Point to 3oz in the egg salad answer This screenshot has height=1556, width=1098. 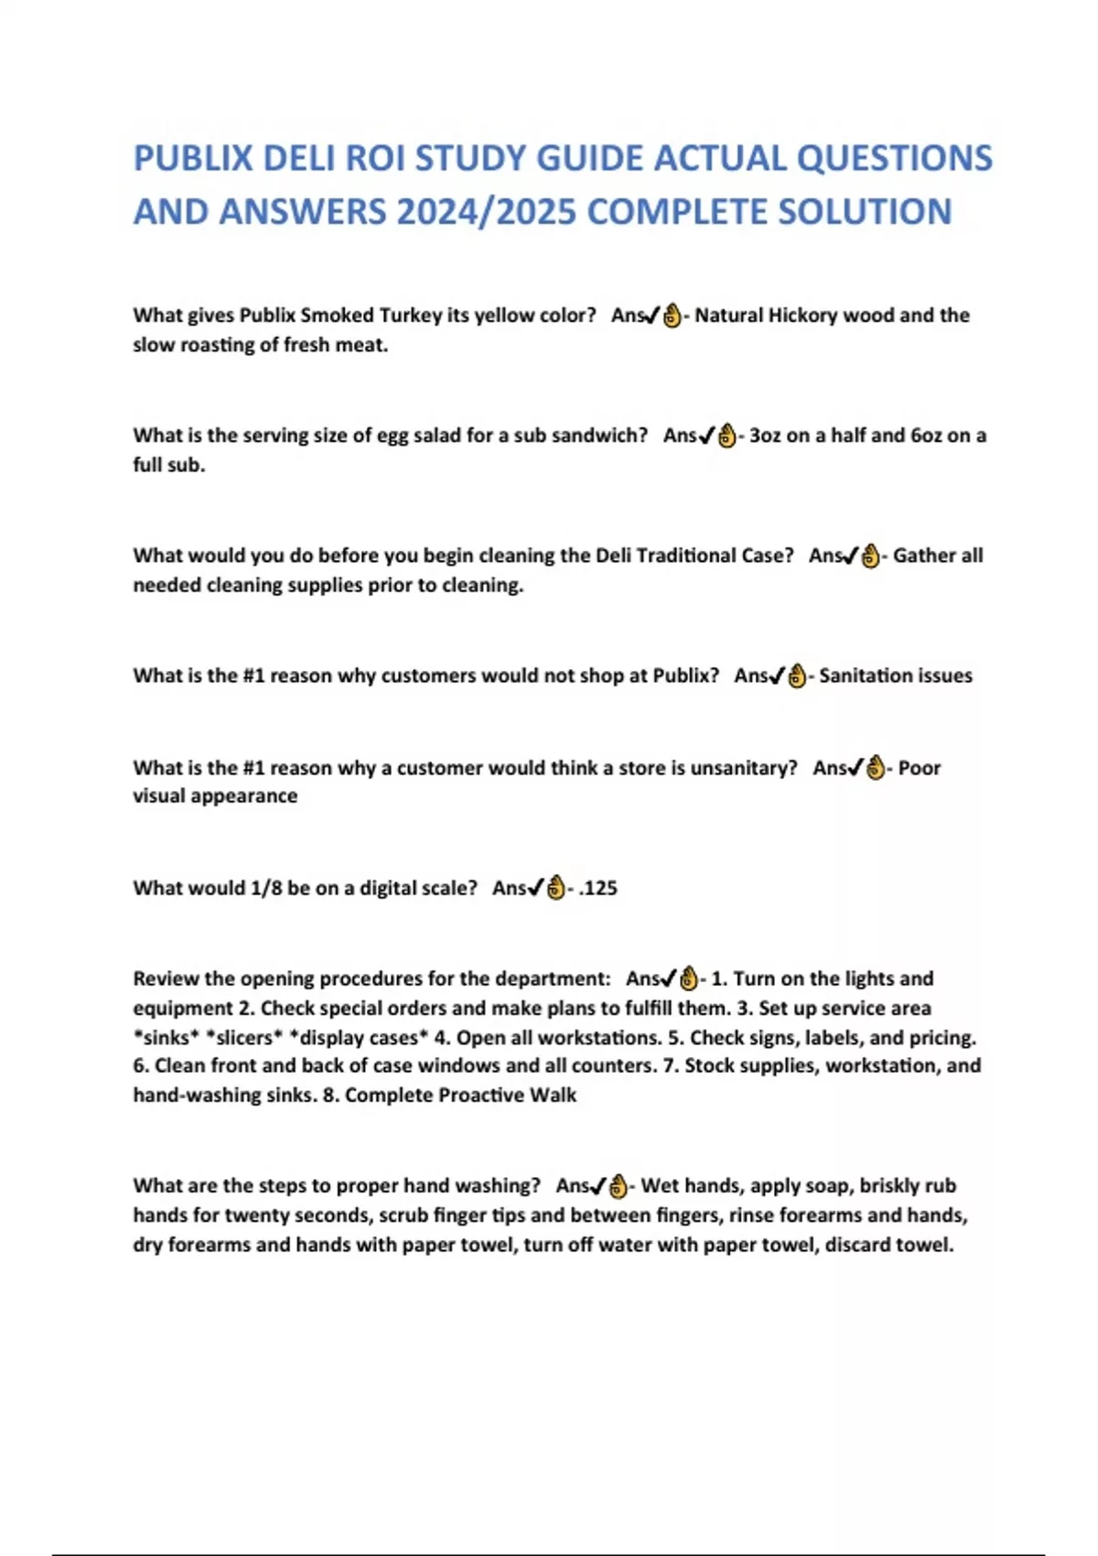(x=765, y=435)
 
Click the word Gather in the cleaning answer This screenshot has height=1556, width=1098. (x=923, y=555)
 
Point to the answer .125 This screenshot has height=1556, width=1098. (x=598, y=888)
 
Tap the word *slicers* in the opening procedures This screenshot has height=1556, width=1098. (x=244, y=1037)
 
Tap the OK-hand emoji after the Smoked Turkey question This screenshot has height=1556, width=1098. (x=672, y=316)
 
